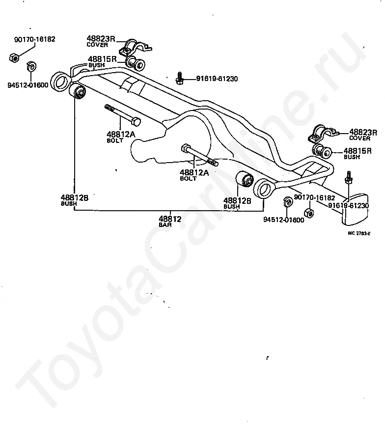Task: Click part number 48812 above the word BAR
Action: (x=170, y=219)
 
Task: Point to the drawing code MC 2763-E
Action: (x=359, y=233)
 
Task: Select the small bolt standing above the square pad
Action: (x=349, y=178)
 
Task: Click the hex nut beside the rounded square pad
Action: (x=309, y=213)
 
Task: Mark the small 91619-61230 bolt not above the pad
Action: (x=180, y=78)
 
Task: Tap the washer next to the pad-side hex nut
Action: (x=288, y=202)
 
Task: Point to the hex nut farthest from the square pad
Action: (x=14, y=58)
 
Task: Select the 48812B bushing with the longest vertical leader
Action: (x=79, y=92)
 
